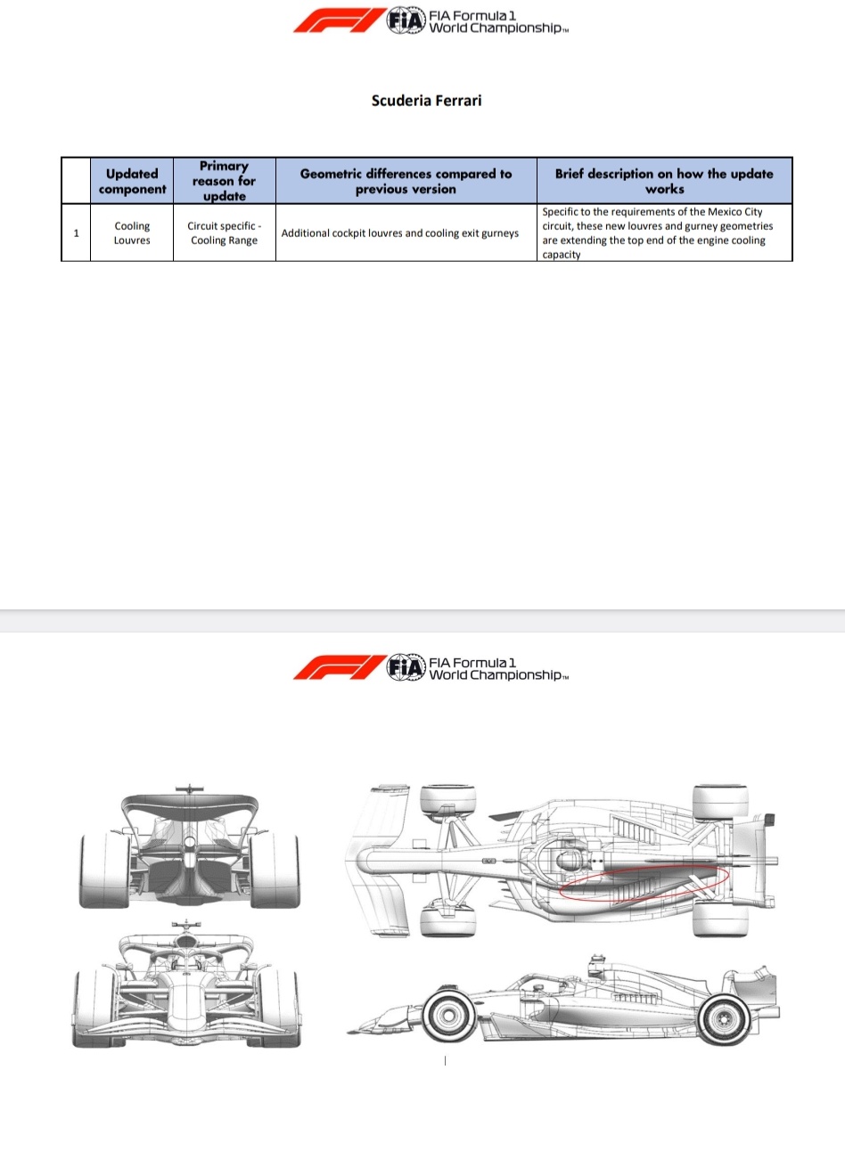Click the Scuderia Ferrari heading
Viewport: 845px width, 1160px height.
tap(426, 101)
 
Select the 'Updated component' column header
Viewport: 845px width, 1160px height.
tap(132, 181)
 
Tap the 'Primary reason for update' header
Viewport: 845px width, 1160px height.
tap(224, 181)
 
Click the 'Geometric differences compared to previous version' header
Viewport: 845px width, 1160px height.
tap(406, 181)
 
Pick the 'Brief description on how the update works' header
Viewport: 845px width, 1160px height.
tap(664, 181)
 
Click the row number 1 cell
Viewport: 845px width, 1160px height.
tap(76, 233)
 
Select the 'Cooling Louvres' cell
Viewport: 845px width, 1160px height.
tap(132, 233)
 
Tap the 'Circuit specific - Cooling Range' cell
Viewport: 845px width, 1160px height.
tap(224, 233)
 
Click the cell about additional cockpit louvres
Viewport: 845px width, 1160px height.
tap(400, 233)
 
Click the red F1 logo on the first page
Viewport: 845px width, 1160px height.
tap(336, 21)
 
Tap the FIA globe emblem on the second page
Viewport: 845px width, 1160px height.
tap(406, 668)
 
